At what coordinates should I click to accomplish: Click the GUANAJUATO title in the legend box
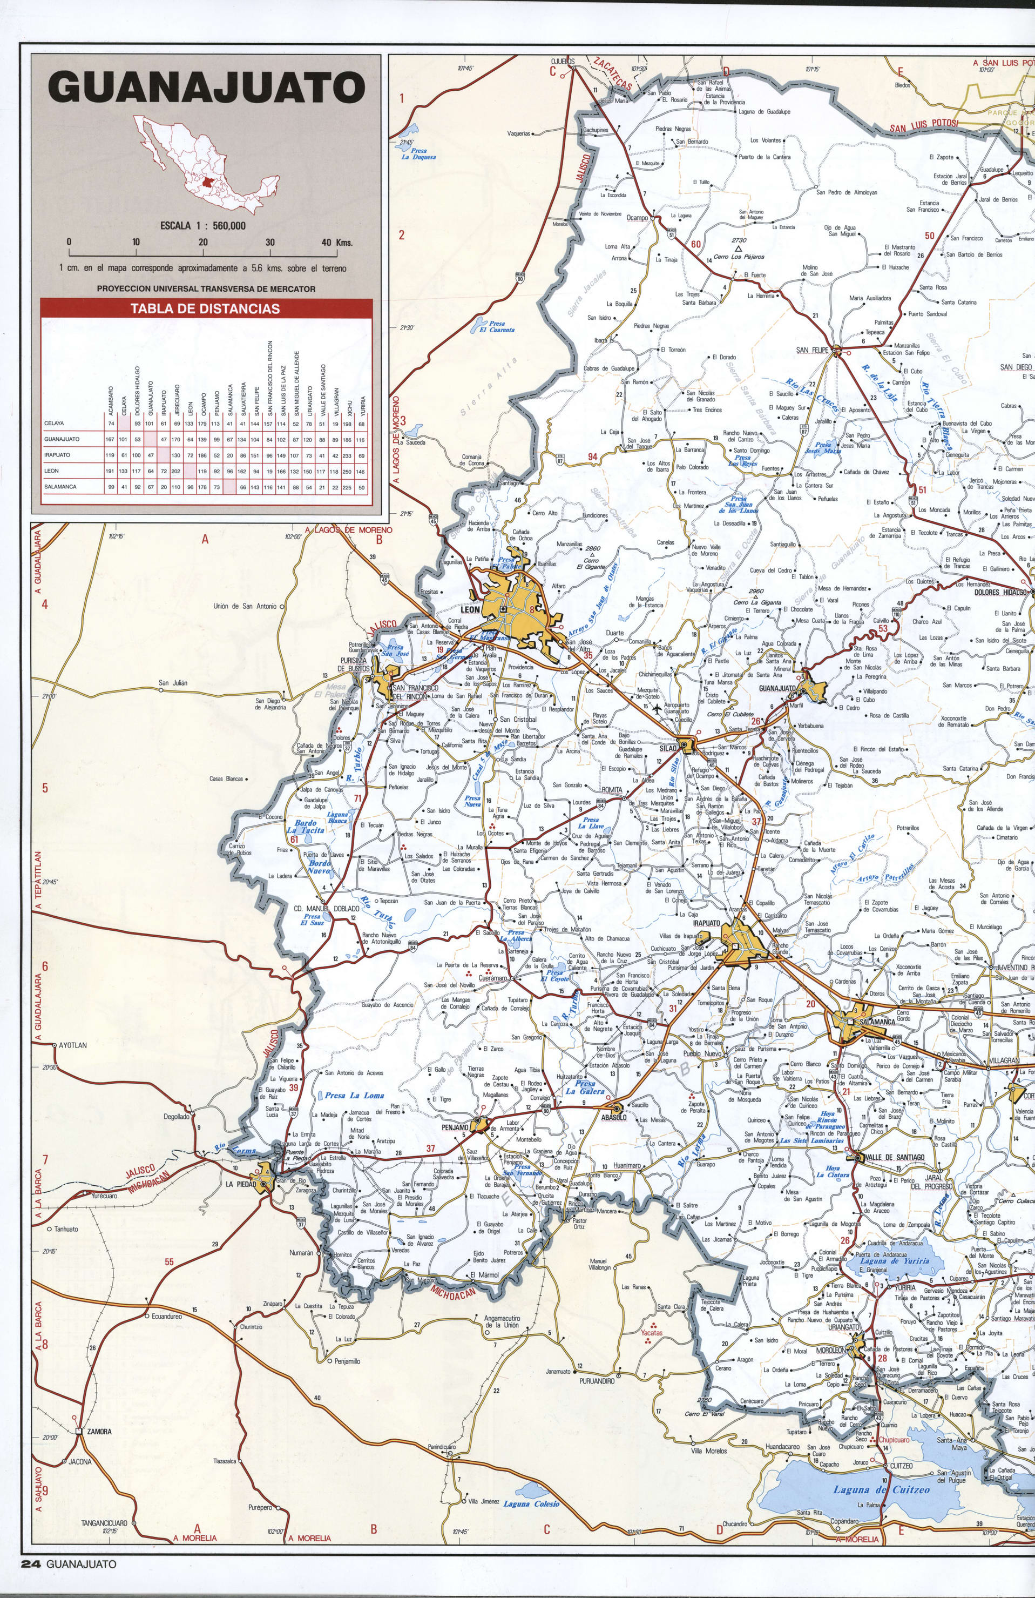207,88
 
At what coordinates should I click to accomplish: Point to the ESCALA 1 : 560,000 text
202,226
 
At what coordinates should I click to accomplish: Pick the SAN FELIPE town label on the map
811,350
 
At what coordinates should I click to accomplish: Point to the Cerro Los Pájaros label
739,257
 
